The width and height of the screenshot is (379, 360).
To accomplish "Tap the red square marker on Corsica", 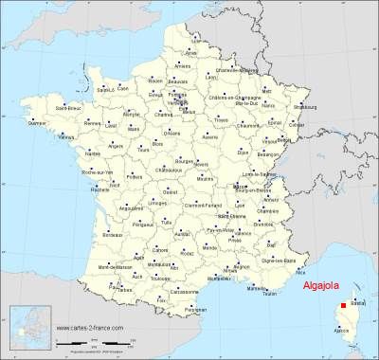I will click(343, 305).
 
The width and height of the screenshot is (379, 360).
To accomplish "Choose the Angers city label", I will click(114, 147).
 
